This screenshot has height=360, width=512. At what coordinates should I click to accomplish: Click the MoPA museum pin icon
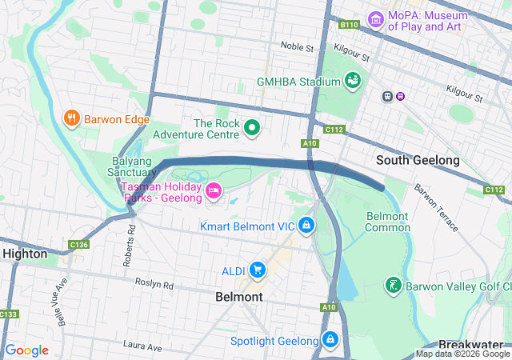(x=375, y=18)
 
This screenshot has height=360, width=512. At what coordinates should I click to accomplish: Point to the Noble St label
(x=297, y=47)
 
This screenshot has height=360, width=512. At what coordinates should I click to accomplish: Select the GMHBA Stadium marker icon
(x=352, y=81)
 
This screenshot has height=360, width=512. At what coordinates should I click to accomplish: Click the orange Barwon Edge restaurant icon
(x=71, y=119)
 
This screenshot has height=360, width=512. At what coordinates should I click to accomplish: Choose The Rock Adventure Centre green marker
(x=253, y=127)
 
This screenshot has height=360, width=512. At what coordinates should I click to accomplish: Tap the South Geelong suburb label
(x=418, y=160)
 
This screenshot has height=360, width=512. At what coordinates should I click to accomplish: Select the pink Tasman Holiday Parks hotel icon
(x=214, y=190)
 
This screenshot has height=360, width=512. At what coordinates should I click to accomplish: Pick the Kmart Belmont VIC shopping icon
(x=306, y=226)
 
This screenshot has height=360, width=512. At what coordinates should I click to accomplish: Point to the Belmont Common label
(x=387, y=222)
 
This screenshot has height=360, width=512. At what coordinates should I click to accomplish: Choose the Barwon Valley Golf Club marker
(x=392, y=284)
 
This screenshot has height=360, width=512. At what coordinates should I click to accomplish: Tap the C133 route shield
(x=8, y=314)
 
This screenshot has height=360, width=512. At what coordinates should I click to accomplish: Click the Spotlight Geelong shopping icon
(x=330, y=341)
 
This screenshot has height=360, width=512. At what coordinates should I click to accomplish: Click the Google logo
(x=26, y=350)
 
